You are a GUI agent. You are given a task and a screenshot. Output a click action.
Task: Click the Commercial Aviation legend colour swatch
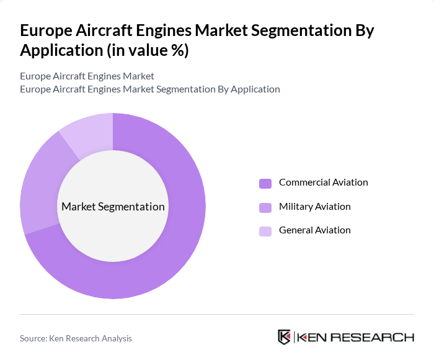[265, 183]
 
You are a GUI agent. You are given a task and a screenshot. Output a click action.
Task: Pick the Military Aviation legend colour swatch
[265, 207]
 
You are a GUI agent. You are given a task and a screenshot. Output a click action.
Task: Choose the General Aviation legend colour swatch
[265, 231]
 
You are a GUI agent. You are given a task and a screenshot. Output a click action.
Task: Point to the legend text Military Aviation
[314, 206]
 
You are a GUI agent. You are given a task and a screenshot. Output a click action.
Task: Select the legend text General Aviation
[314, 230]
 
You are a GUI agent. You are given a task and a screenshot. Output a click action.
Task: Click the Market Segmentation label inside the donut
[113, 207]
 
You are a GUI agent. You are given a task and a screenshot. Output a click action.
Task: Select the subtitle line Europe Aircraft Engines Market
[87, 76]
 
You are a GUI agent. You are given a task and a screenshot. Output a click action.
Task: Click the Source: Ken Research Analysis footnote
[76, 338]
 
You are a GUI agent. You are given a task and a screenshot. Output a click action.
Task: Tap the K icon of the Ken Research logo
[285, 337]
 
